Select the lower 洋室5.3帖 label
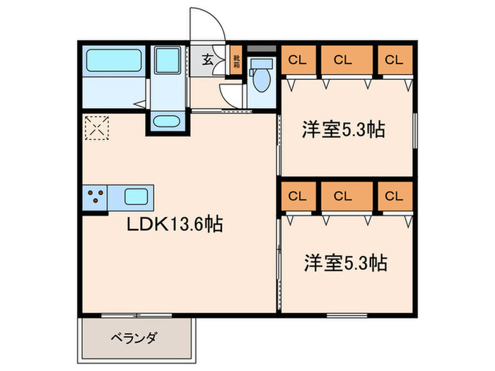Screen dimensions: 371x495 (344, 263)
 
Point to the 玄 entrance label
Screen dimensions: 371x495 (209, 60)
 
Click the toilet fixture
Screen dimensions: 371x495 (263, 78)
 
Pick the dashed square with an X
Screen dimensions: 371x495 (95, 128)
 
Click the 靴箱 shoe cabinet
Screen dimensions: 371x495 (236, 61)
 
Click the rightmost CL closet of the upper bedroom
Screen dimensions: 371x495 (393, 60)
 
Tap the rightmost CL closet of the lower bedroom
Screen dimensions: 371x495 (393, 196)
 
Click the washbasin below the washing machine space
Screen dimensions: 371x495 (167, 122)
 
